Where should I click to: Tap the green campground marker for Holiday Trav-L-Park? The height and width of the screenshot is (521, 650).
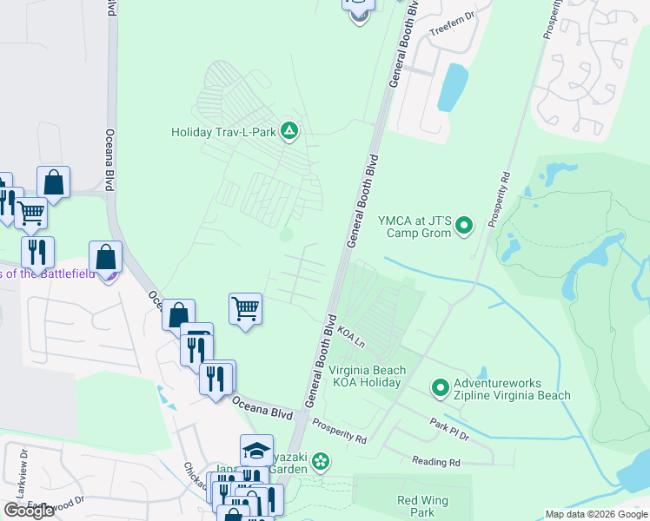(290, 132)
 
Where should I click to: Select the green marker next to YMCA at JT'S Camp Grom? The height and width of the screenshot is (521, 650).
(464, 227)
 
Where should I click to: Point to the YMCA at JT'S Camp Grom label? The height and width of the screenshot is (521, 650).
(415, 227)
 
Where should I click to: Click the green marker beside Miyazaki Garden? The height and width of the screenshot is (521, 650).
(321, 460)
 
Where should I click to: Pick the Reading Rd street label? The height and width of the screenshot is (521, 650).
(436, 463)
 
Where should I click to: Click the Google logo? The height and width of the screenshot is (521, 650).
(29, 511)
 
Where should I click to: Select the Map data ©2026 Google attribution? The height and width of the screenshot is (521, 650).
(596, 514)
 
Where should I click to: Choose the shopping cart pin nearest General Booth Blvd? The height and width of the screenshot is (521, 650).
(246, 308)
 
